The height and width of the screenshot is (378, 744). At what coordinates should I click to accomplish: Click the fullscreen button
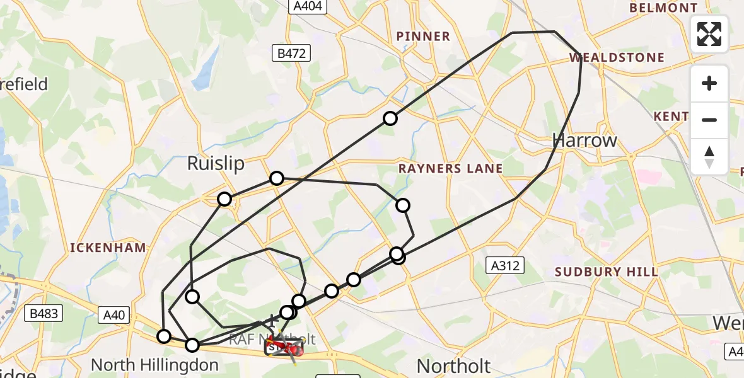709,33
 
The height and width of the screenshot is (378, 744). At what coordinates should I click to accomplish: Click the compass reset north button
709,157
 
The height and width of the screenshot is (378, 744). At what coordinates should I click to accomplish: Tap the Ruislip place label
216,164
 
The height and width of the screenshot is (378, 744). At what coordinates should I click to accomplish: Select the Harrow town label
584,140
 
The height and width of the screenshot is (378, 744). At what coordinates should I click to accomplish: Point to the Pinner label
423,37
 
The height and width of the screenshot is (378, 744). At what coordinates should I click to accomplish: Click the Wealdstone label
617,58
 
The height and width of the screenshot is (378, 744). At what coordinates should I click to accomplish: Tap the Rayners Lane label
450,168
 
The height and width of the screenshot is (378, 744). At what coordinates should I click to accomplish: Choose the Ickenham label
108,248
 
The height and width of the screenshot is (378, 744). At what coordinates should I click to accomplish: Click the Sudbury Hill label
607,272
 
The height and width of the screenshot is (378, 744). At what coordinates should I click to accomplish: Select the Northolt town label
453,366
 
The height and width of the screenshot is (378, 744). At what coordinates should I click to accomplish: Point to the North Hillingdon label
154,365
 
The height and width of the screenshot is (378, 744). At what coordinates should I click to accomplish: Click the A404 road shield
308,6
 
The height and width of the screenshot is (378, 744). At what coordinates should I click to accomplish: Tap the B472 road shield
292,54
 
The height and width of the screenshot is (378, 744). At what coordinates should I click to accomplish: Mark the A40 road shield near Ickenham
114,313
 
